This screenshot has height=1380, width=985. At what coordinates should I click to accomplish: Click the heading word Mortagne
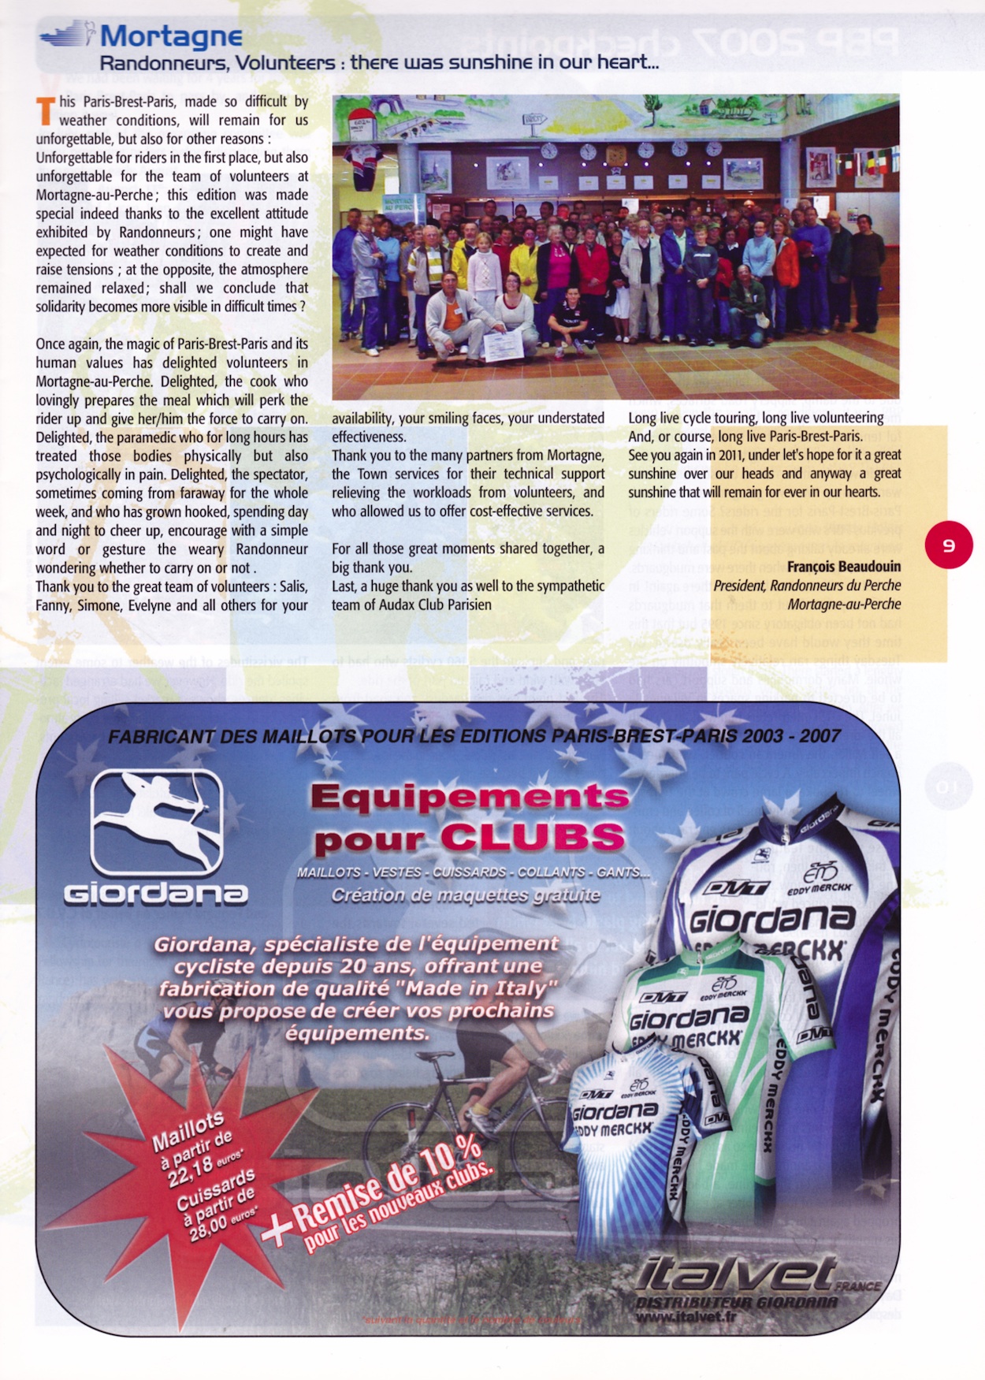coord(171,36)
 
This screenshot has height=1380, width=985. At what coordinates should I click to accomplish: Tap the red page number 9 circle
coord(949,545)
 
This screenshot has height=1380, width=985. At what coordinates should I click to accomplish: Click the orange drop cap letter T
coord(46,111)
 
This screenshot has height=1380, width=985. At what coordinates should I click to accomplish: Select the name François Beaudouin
coord(843,567)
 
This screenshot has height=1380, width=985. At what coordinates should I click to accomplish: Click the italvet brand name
coord(737,1275)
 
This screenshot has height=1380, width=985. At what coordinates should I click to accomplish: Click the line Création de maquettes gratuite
coord(465,895)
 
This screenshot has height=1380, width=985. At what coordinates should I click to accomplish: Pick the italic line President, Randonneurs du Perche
coord(807,586)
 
